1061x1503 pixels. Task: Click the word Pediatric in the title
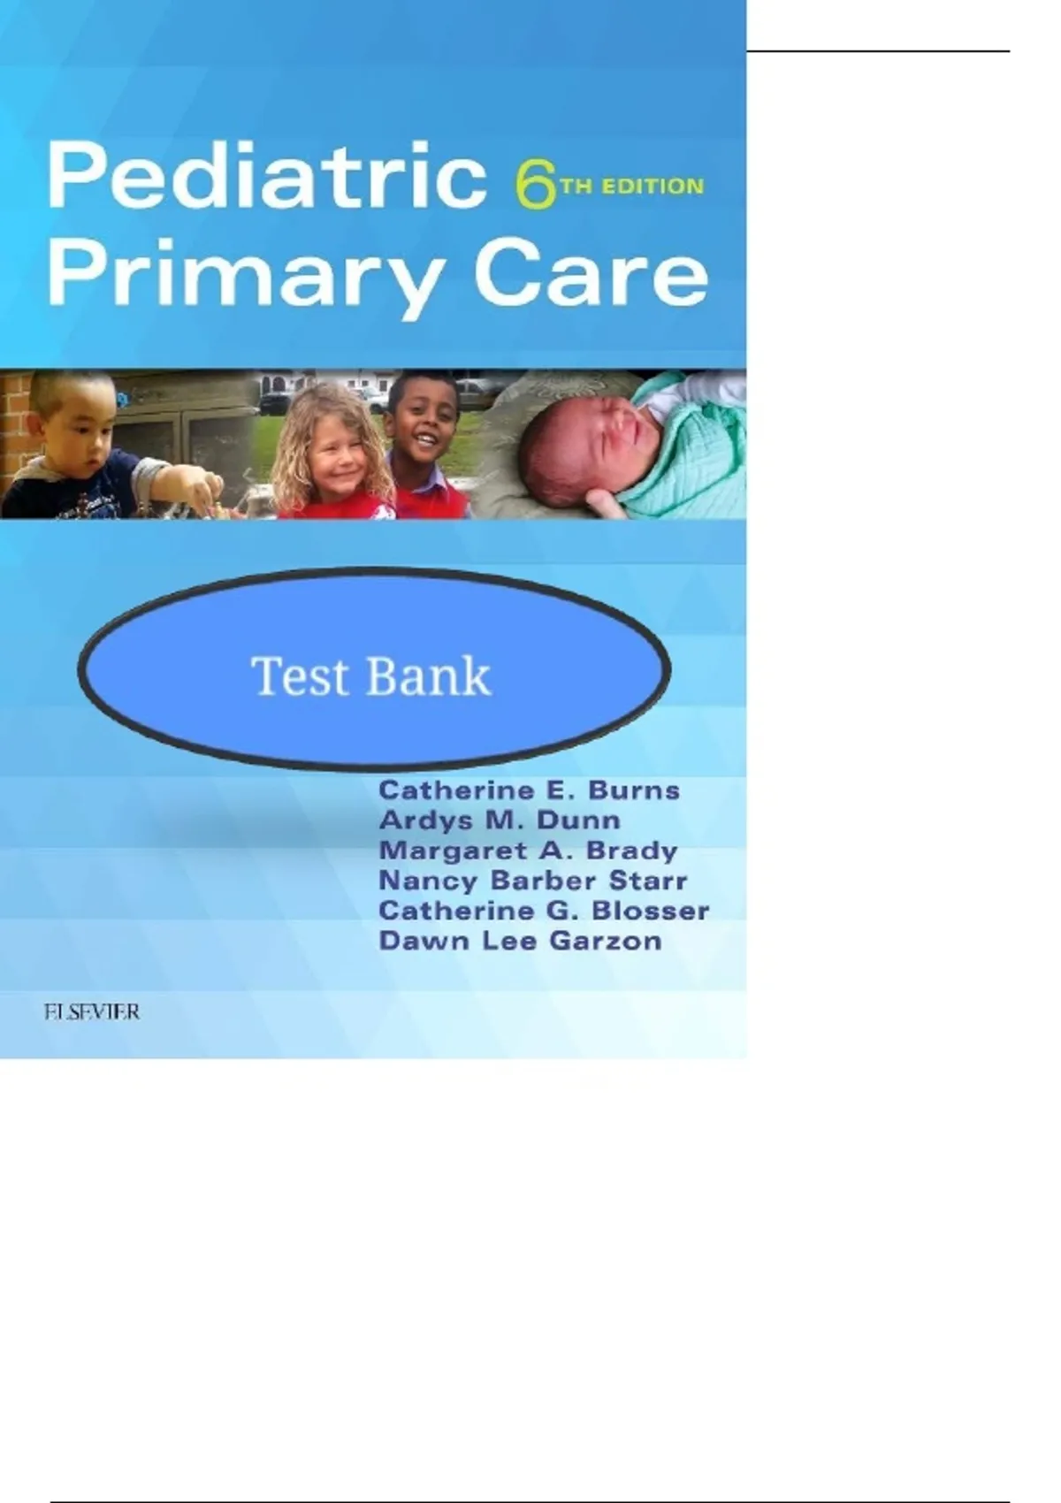tap(267, 175)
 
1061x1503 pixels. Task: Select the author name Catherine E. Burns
tap(529, 790)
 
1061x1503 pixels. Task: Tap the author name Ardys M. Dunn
tap(500, 820)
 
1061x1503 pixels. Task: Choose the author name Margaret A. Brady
tap(528, 851)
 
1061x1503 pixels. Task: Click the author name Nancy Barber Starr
tap(533, 881)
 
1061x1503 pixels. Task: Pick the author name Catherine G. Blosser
tap(544, 911)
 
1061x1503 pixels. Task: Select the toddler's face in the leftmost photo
tap(71, 443)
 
